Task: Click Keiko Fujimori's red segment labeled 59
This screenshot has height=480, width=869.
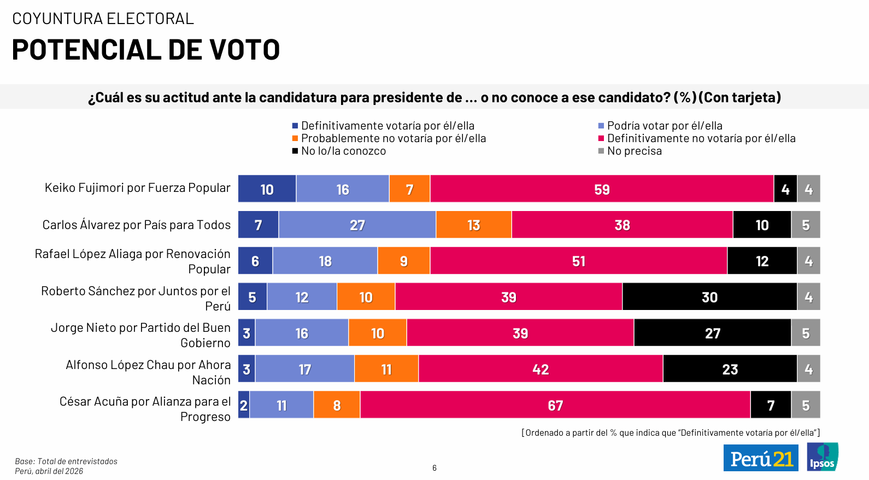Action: click(x=602, y=189)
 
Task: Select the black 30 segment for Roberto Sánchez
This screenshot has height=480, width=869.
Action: click(x=709, y=297)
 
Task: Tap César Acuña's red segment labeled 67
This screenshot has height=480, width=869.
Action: click(x=555, y=405)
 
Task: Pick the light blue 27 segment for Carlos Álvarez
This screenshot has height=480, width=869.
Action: click(x=357, y=225)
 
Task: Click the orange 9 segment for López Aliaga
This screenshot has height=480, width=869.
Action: click(x=403, y=261)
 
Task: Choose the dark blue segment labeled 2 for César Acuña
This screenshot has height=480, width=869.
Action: click(x=244, y=405)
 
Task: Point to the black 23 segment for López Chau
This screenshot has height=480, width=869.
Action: click(x=730, y=369)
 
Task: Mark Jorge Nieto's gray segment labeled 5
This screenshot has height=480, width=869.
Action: click(x=806, y=333)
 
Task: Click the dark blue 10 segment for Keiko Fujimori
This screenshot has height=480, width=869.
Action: click(x=267, y=189)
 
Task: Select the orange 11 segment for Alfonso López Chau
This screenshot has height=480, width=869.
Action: click(x=386, y=369)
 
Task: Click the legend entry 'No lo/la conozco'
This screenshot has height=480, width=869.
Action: click(x=343, y=151)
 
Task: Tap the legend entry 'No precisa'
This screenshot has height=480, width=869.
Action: click(x=634, y=151)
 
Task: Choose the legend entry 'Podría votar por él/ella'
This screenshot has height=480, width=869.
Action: click(x=664, y=126)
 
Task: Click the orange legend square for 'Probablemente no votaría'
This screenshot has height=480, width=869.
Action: click(x=295, y=138)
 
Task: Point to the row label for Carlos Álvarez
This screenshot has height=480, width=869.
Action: click(x=137, y=225)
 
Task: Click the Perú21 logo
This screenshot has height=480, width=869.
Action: click(x=761, y=458)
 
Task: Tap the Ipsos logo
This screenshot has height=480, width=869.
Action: click(x=823, y=457)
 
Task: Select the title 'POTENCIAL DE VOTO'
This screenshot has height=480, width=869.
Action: click(x=146, y=50)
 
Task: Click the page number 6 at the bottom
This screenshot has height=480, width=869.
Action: click(x=434, y=468)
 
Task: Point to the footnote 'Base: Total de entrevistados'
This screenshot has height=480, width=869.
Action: click(x=66, y=461)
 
